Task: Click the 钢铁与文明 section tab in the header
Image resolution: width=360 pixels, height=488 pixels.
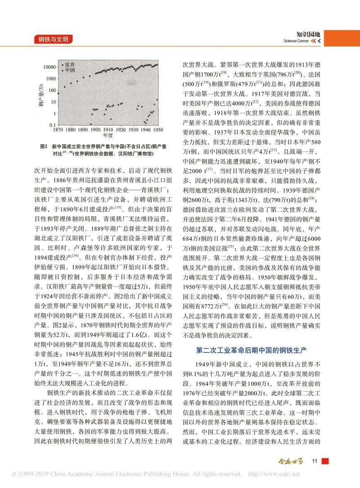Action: tap(53, 40)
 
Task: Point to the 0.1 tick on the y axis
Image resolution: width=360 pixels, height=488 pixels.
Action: tap(52, 125)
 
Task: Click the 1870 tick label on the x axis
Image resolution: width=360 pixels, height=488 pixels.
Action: tap(58, 130)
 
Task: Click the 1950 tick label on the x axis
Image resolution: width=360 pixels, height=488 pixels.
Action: tap(157, 130)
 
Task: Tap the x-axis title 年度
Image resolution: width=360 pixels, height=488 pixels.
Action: tap(108, 135)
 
